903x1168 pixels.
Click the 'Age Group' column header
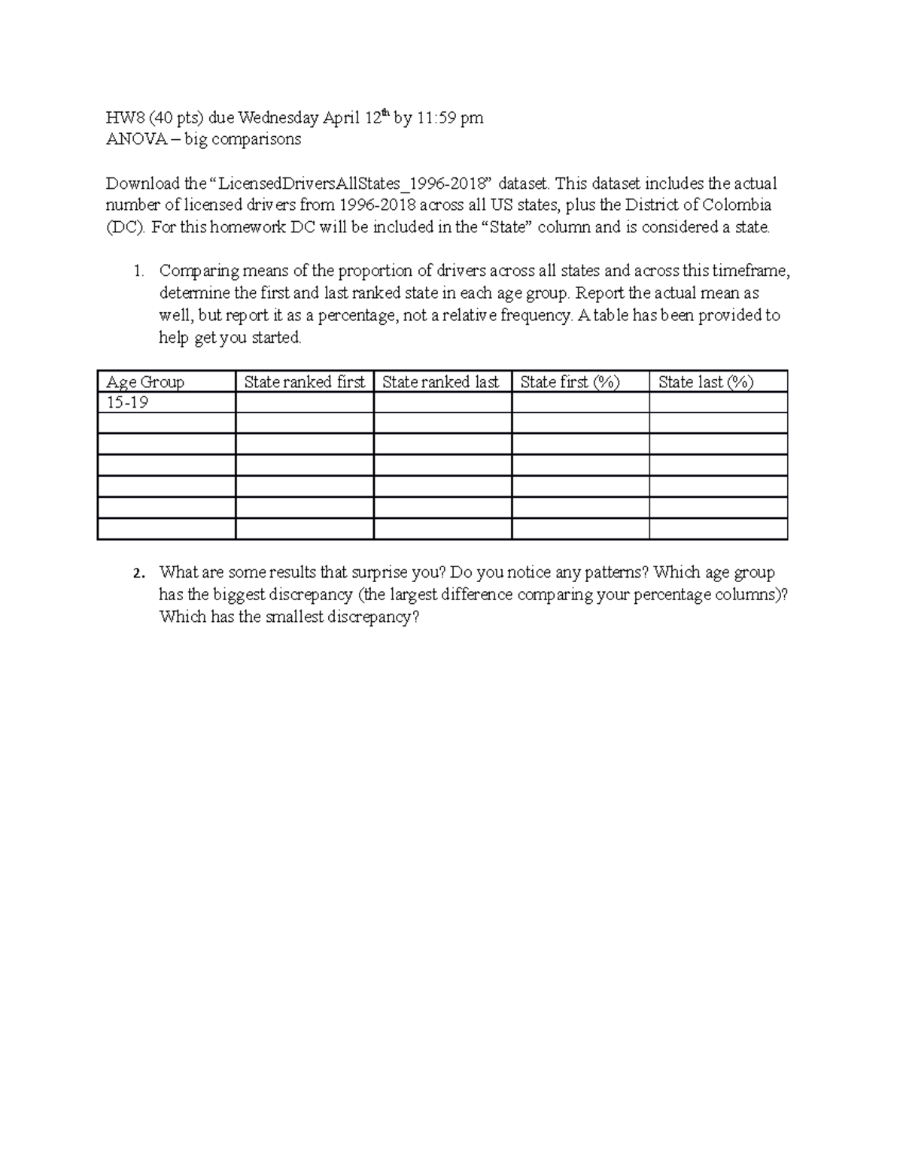[x=145, y=382]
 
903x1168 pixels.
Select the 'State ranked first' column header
[x=304, y=382]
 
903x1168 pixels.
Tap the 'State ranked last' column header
[x=440, y=382]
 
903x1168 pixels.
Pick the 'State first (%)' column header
[x=570, y=382]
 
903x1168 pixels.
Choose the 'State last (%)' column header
[x=705, y=382]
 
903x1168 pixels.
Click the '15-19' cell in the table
[x=127, y=402]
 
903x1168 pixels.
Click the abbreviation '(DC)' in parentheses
[x=125, y=227]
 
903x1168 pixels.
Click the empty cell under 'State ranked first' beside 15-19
[x=304, y=402]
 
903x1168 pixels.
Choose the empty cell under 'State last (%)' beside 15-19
[x=718, y=402]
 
